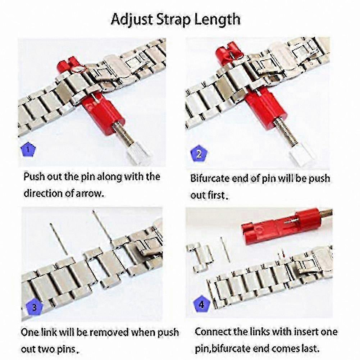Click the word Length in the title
click(x=217, y=19)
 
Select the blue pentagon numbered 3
click(x=35, y=307)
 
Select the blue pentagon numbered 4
click(x=202, y=305)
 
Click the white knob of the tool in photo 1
click(x=139, y=154)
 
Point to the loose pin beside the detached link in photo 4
click(x=225, y=250)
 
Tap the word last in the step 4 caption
click(x=312, y=349)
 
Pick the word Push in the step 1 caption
click(x=34, y=177)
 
